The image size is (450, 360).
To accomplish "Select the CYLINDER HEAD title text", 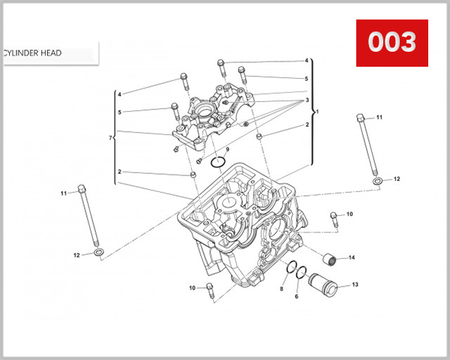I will tap(33, 53).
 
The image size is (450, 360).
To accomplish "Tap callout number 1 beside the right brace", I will tap(316, 112).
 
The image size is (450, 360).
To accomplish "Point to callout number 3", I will tap(306, 100).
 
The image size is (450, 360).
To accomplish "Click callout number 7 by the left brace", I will tap(111, 139).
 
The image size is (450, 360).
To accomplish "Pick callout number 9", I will tap(217, 150).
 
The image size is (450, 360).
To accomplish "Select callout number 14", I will tap(352, 258).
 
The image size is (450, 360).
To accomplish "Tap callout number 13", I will tap(355, 285).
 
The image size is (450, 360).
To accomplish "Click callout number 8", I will tap(282, 289).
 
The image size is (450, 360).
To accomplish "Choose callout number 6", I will tap(296, 297).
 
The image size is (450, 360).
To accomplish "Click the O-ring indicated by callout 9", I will tap(218, 163).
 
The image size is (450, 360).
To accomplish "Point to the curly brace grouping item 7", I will tap(116, 139).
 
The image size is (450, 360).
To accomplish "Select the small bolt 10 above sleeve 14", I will tap(334, 220).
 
